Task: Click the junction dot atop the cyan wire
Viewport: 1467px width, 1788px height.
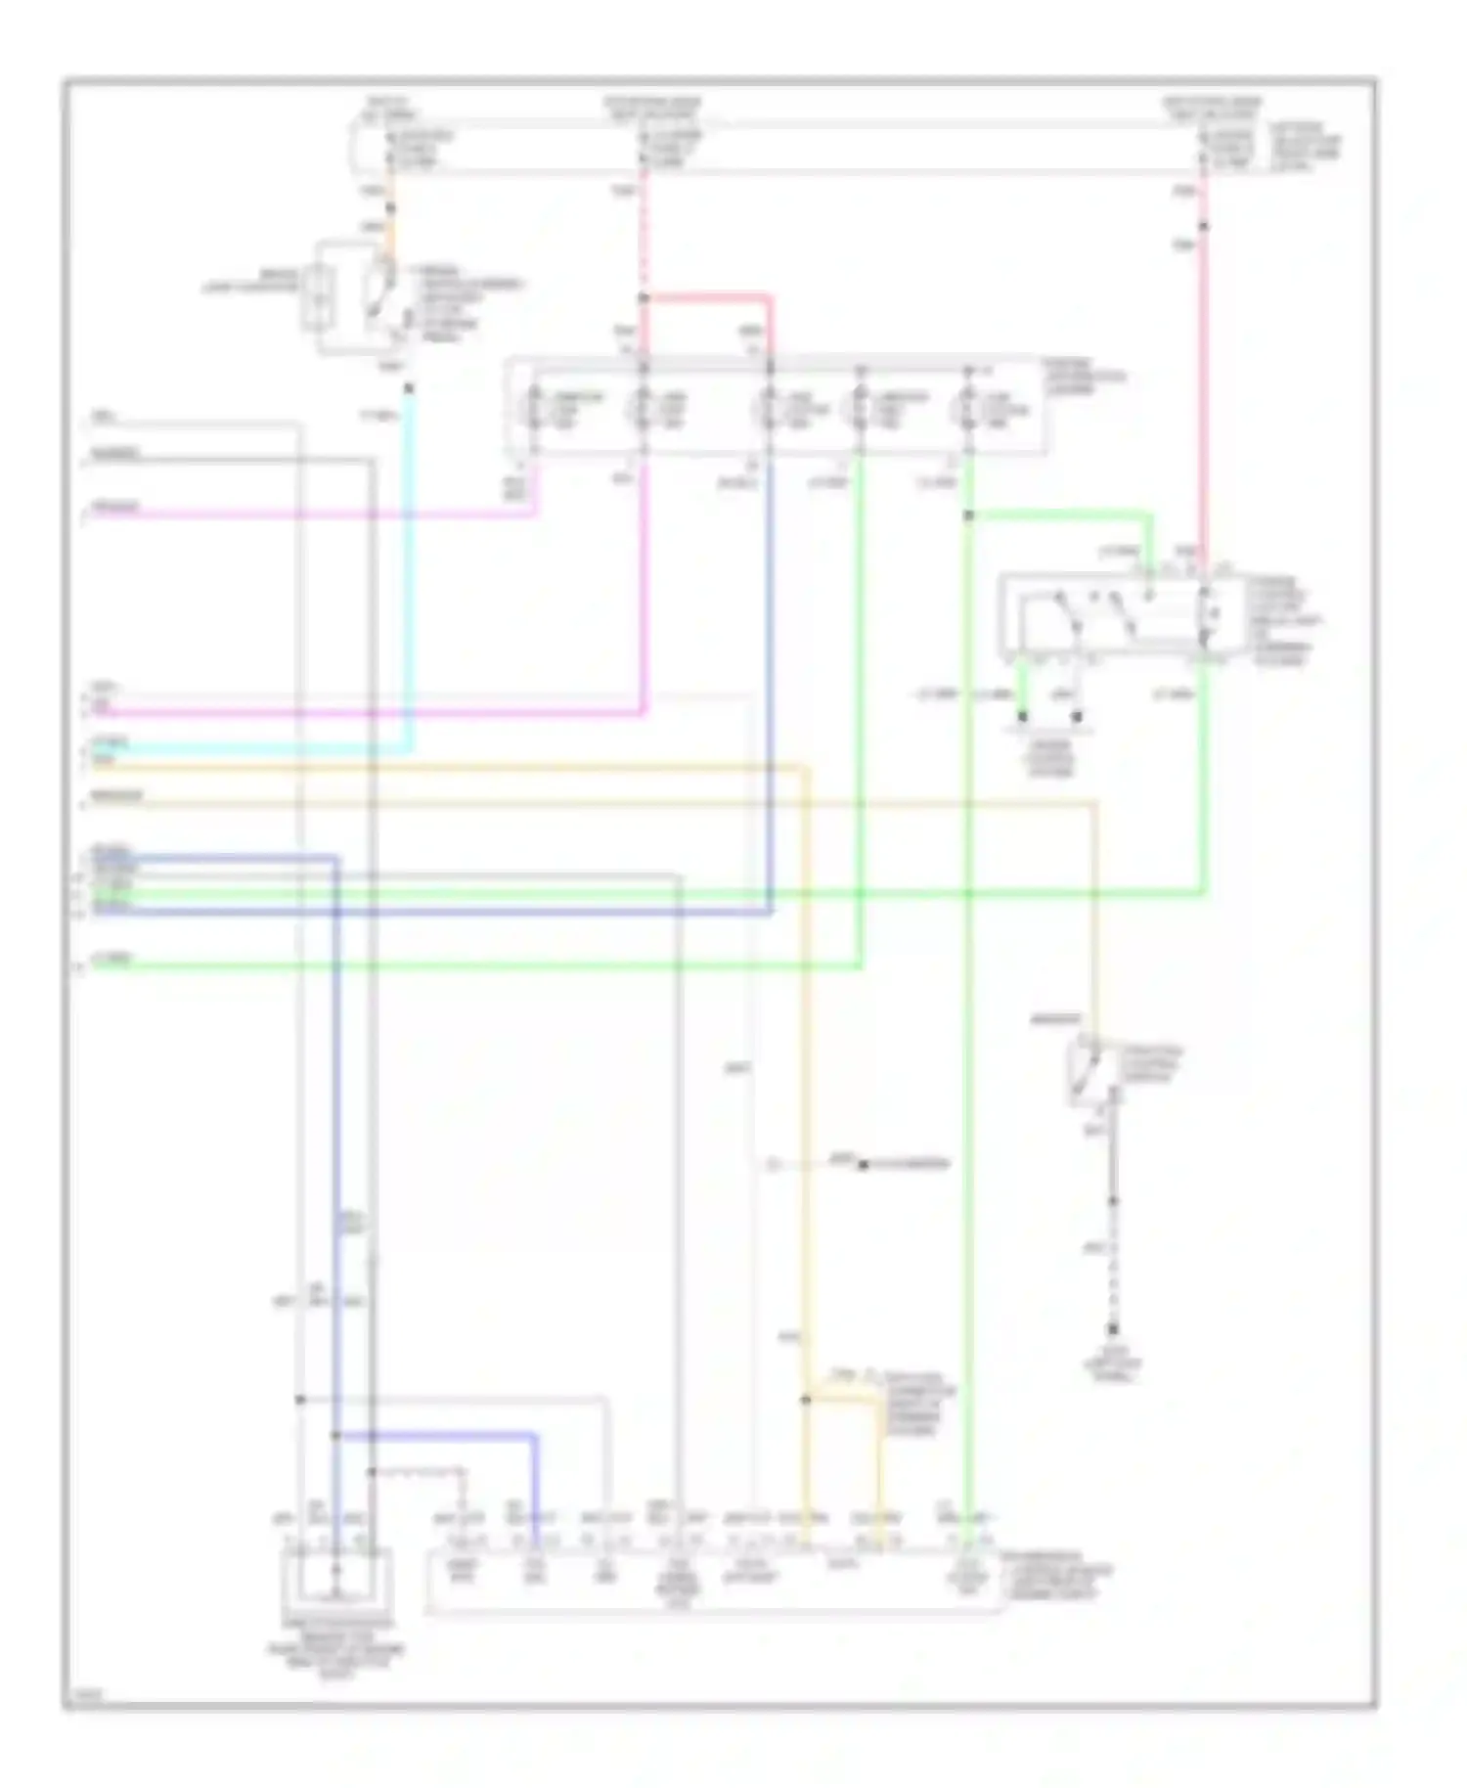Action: [409, 388]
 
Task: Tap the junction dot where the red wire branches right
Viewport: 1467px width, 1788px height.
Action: [644, 297]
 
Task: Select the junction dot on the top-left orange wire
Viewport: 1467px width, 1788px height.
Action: [390, 208]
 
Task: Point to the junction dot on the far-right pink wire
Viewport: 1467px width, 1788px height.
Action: [1204, 227]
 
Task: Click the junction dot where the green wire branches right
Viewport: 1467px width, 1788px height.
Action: [968, 515]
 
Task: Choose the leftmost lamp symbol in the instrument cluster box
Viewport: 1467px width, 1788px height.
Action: [535, 409]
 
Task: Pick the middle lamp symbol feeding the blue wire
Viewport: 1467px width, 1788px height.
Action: [770, 409]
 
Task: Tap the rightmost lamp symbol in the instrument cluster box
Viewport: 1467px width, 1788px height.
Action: [968, 409]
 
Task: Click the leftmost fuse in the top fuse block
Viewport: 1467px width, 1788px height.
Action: [390, 148]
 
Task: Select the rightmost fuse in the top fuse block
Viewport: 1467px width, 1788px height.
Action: [1204, 148]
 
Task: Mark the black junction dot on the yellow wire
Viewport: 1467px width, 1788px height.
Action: [806, 1401]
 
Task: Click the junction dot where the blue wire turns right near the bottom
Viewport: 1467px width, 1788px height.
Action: [335, 1436]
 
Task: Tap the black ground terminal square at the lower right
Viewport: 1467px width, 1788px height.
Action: [1112, 1330]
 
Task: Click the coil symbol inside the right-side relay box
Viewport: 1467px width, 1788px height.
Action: [1206, 613]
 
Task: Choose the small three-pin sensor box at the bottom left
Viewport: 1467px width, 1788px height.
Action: [335, 1577]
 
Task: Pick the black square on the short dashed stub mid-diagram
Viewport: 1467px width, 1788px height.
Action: [863, 1165]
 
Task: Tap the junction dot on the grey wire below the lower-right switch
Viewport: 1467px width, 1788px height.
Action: [1112, 1201]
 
